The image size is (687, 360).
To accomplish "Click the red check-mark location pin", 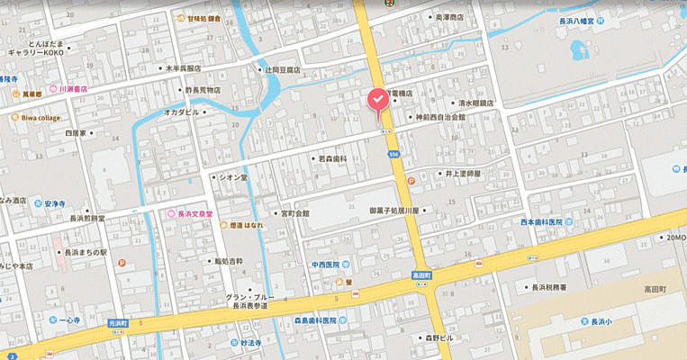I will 377,100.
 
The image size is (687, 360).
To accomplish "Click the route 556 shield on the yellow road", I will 394,155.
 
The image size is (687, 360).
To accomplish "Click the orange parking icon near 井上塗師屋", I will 411,180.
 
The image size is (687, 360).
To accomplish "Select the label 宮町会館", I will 294,213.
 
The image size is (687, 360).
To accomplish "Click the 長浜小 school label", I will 601,321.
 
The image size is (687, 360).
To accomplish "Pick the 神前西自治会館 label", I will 438,117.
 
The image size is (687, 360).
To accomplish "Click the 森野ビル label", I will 442,337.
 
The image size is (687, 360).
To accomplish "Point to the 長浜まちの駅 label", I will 85,253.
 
